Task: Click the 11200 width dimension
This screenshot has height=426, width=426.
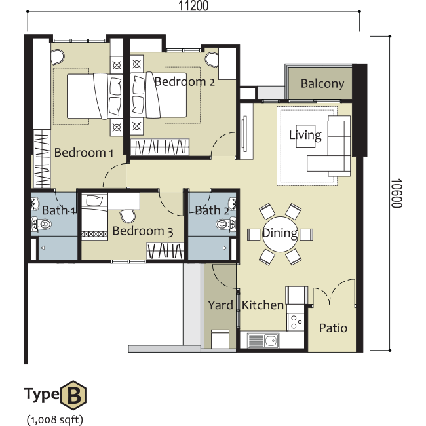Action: pos(193,6)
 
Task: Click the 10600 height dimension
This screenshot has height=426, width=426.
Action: pos(397,193)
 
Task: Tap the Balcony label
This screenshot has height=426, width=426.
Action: pos(322,83)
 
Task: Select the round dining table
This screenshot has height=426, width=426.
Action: pos(280,234)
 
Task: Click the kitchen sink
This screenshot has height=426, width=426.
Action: pos(263,340)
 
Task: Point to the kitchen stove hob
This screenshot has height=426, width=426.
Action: pos(296,322)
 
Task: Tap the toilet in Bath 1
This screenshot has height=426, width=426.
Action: pos(42,224)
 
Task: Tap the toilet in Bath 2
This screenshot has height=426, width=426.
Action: pos(225,224)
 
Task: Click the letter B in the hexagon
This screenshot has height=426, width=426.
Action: pos(73,395)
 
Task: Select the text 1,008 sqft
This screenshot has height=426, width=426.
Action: pos(55,419)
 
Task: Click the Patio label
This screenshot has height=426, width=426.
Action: pos(333,328)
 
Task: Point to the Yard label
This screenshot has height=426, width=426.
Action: pos(220,305)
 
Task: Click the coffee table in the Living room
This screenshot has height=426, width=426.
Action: pos(305,136)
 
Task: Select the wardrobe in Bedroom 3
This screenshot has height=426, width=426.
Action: pos(165,250)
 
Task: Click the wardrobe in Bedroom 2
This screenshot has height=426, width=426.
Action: pos(160,147)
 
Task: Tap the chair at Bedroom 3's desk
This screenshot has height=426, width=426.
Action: pos(127,216)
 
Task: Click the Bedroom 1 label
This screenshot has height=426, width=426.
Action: pos(84,153)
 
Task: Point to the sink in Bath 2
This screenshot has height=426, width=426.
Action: pos(232,204)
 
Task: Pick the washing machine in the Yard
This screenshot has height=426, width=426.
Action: pos(220,339)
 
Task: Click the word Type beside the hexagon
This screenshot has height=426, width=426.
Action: pos(42,394)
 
